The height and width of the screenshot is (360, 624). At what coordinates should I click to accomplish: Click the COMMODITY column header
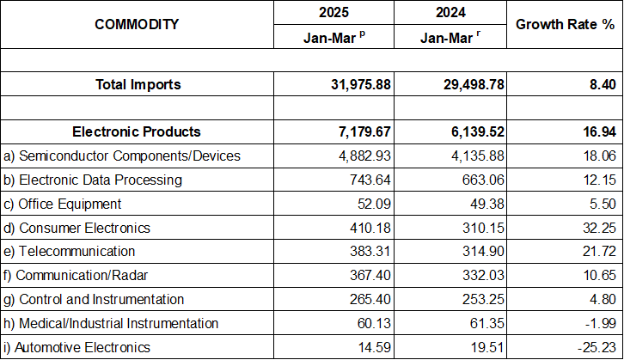click(138, 24)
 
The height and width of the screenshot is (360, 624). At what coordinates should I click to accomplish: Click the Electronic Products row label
click(137, 131)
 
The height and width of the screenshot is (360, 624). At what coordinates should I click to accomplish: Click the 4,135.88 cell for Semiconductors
click(468, 156)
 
